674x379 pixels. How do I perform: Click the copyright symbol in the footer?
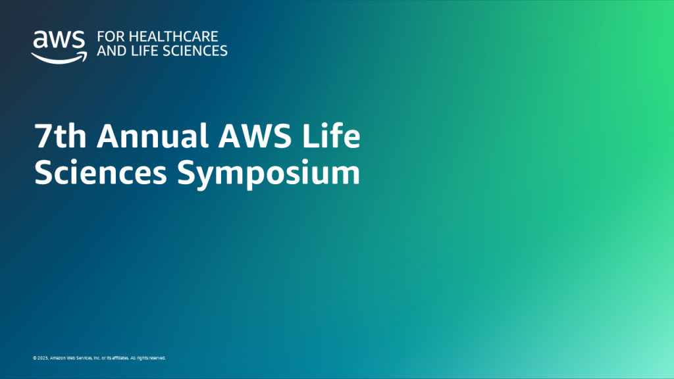click(34, 359)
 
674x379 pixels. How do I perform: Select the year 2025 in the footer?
click(41, 359)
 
